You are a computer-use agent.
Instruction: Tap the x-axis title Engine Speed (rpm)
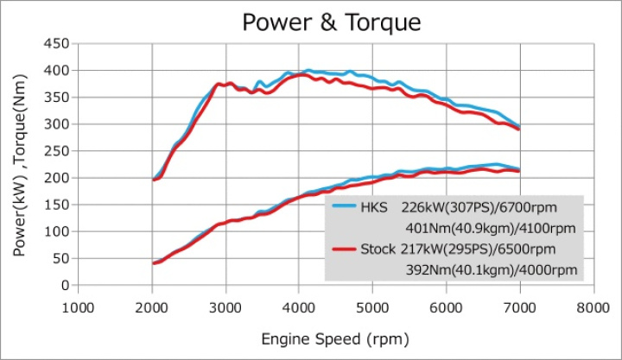click(336, 339)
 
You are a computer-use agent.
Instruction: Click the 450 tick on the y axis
click(58, 43)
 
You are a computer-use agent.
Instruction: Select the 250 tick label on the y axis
click(58, 150)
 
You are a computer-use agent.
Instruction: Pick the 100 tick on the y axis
click(58, 231)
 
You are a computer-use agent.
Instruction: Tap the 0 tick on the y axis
click(65, 285)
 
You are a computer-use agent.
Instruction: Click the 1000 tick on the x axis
click(78, 306)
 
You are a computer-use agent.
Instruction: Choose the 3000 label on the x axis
click(225, 306)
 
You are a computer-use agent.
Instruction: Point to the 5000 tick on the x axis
click(372, 306)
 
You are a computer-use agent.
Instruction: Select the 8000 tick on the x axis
click(593, 306)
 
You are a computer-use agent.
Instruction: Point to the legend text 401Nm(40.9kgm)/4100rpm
click(491, 229)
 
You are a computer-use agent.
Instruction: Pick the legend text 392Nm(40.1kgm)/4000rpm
click(491, 270)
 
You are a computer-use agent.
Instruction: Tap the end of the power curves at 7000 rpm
click(518, 170)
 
